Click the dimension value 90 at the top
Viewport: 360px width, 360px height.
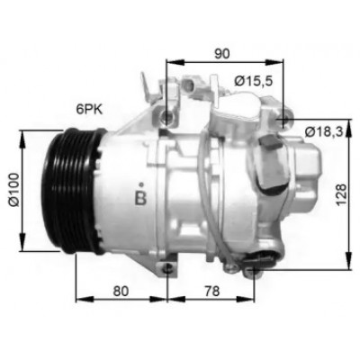222,53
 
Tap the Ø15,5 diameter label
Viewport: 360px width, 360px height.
254,81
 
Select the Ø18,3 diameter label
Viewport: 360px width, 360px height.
324,131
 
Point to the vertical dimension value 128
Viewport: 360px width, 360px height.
341,194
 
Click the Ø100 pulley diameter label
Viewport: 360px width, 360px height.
14,190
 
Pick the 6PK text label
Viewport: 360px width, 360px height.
89,110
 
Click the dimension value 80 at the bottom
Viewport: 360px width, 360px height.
121,291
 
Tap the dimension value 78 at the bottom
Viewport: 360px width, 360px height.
212,291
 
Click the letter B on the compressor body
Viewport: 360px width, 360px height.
140,198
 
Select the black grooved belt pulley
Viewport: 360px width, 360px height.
74,191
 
